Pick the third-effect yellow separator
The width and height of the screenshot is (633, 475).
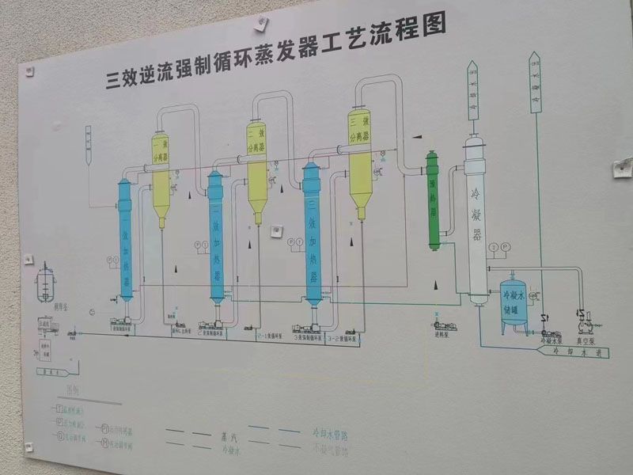pyautogui.click(x=360, y=162)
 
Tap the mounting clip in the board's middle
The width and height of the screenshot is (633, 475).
pyautogui.click(x=276, y=230)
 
